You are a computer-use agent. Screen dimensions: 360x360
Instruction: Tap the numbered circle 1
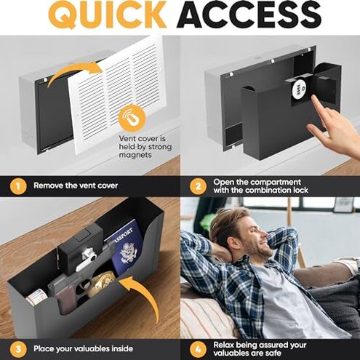[x=15, y=185]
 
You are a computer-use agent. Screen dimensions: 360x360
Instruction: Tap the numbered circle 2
[x=196, y=185]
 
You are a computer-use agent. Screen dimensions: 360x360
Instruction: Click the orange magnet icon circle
[x=132, y=117]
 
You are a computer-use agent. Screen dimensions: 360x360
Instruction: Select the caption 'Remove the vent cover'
[x=76, y=185]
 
